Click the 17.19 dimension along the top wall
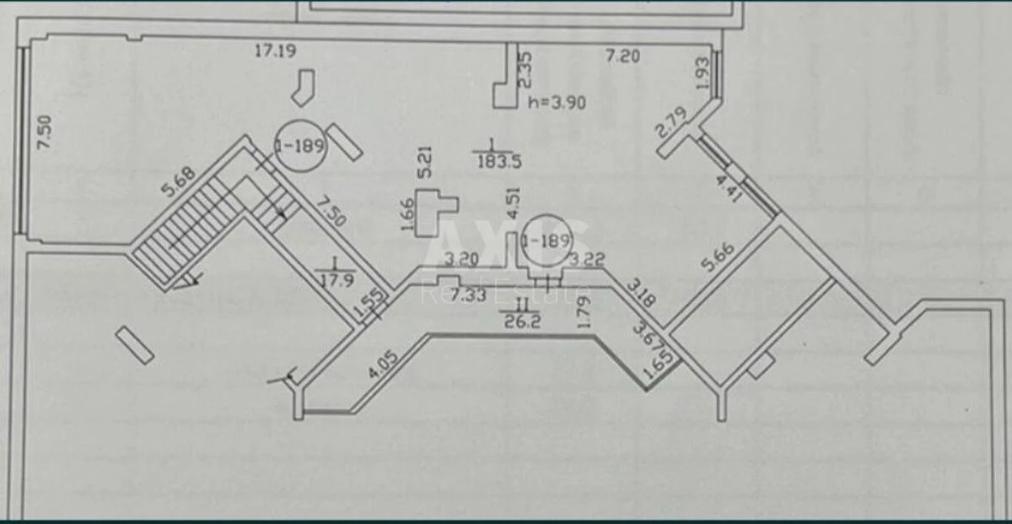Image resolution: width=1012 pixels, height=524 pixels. pos(275,51)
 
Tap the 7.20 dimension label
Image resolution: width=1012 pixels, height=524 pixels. pos(624,57)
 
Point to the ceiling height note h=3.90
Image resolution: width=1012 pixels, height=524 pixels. pos(557,102)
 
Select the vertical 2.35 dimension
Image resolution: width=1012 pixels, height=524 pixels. pos(524,70)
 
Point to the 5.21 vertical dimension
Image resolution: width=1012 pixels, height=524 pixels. pos(426,163)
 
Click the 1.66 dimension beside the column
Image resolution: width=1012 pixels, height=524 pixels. pos(407,214)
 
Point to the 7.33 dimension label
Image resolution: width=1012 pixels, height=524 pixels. pos(467,294)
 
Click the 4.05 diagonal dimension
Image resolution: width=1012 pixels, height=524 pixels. pos(383,363)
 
